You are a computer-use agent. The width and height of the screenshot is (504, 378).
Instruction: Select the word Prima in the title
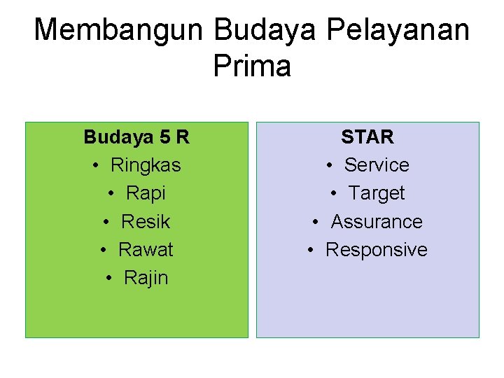(x=252, y=66)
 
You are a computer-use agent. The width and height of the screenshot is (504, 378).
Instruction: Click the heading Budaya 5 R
(x=136, y=136)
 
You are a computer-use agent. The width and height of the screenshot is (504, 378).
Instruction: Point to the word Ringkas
(x=146, y=165)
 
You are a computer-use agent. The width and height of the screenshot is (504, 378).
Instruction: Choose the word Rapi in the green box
(x=146, y=193)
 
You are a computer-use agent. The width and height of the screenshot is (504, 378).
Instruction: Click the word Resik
(x=146, y=222)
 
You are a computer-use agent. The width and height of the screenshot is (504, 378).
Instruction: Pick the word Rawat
(x=146, y=250)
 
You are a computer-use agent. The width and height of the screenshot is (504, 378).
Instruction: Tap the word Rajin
(x=146, y=278)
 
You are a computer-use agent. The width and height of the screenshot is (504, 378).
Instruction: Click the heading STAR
(x=367, y=136)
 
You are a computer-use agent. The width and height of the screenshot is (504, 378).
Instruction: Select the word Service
(x=377, y=165)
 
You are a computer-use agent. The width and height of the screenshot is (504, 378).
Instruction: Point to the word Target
(x=377, y=193)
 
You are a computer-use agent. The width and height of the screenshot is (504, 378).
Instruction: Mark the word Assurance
(x=377, y=222)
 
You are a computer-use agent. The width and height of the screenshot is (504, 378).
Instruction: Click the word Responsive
(x=377, y=250)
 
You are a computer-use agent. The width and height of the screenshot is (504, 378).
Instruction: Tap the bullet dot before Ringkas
(x=96, y=166)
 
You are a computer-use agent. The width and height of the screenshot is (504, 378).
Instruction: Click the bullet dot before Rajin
(x=109, y=279)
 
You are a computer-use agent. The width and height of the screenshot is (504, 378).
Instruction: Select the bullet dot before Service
(x=330, y=166)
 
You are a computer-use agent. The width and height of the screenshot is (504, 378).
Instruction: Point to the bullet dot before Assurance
(x=316, y=223)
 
